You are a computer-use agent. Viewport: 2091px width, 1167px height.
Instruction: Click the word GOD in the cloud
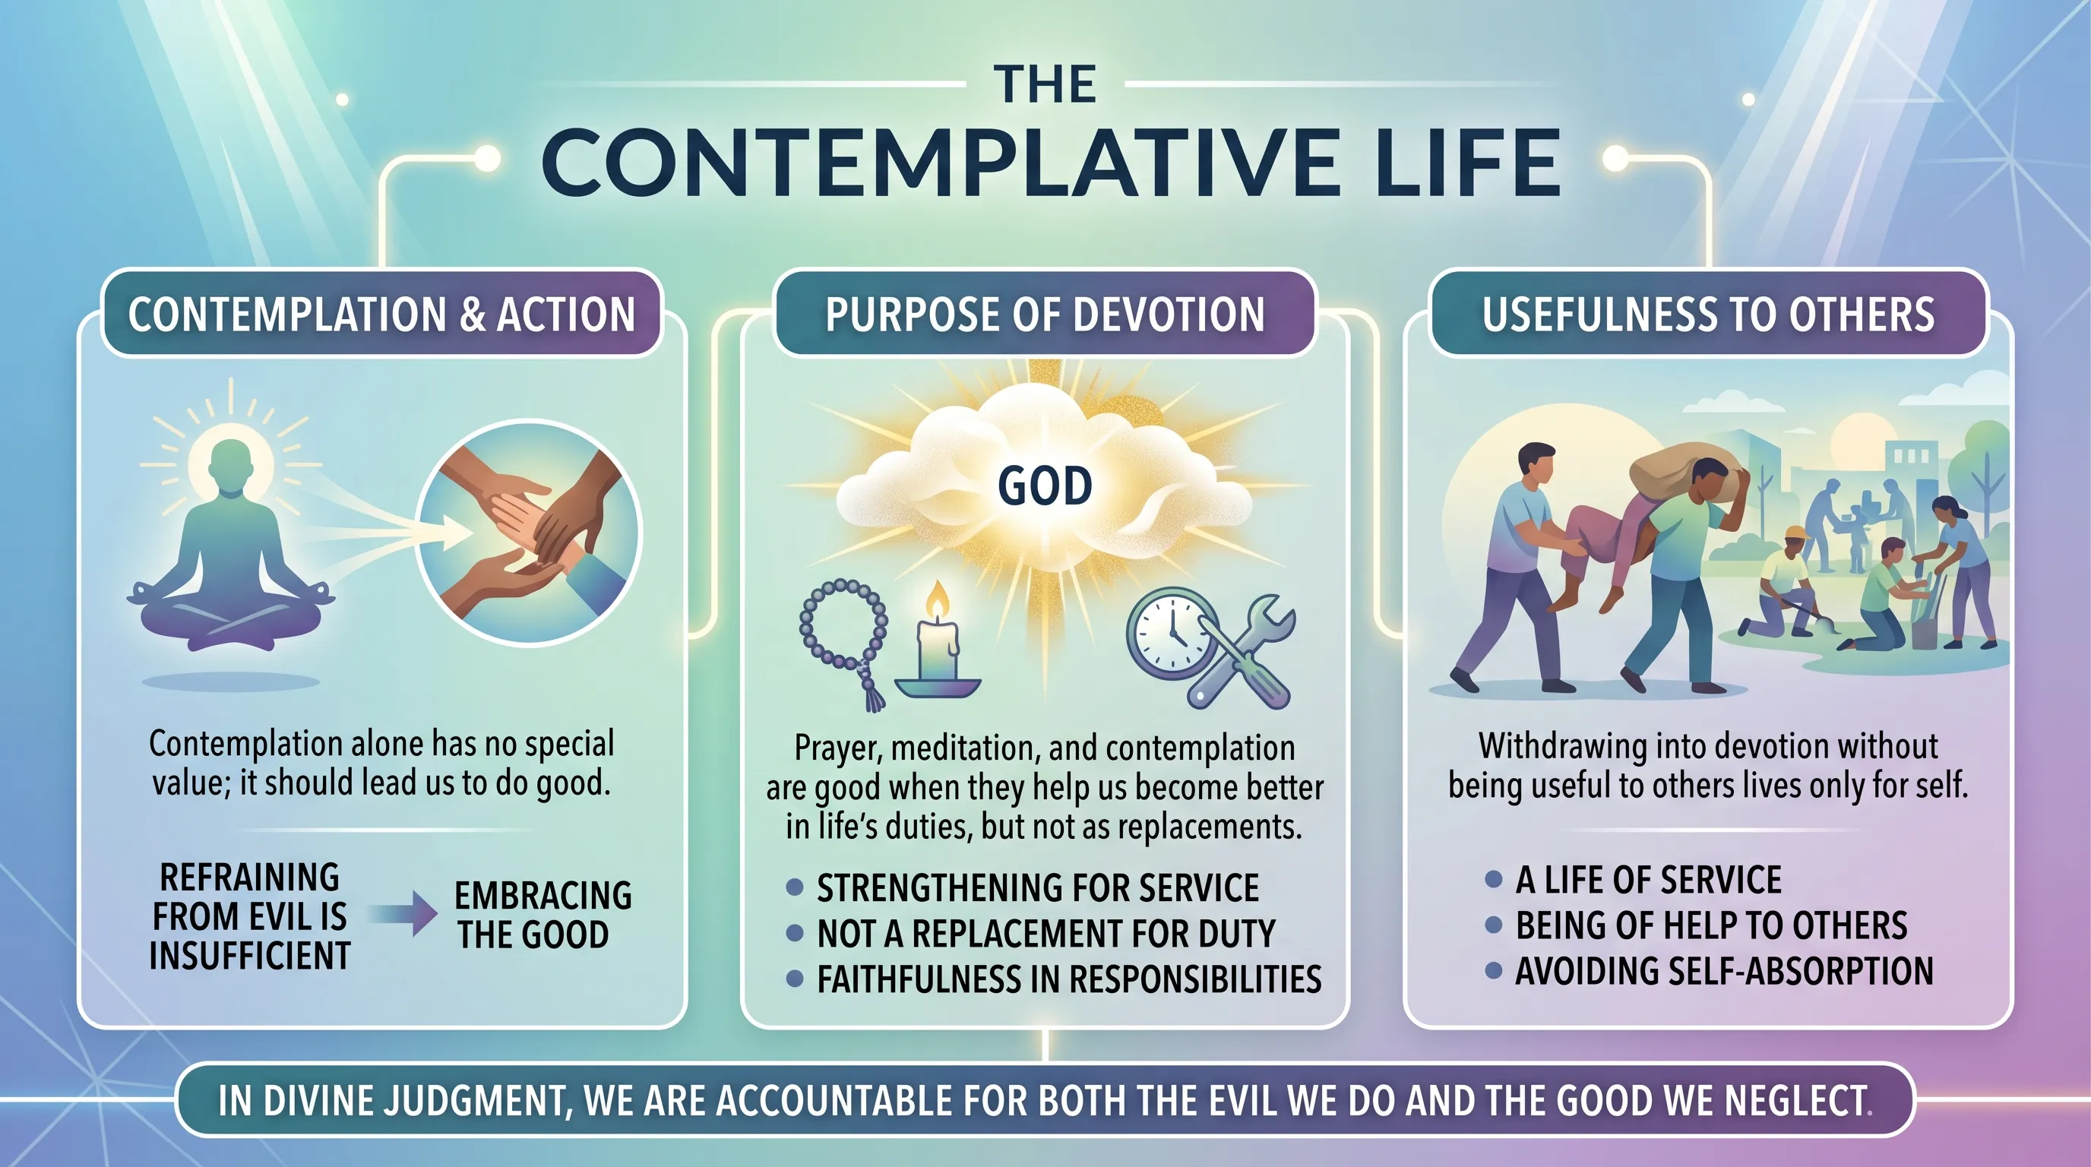point(1045,486)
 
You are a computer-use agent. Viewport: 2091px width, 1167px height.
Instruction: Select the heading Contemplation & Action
point(381,314)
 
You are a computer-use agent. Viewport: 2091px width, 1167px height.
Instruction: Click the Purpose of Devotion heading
point(1045,314)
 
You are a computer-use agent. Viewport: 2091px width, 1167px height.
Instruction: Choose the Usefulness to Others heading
point(1708,314)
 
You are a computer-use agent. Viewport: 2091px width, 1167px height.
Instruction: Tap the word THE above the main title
point(1045,84)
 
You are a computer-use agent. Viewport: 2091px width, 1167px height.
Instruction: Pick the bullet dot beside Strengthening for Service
point(795,887)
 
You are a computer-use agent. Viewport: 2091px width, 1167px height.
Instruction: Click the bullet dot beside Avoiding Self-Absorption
point(1493,971)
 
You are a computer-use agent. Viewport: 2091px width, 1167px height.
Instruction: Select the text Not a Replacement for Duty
point(1045,934)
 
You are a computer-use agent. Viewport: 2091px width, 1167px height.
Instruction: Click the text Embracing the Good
point(543,915)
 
